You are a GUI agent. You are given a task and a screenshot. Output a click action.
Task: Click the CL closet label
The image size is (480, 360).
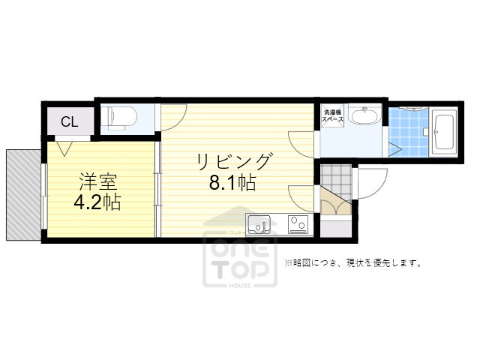[x=68, y=121]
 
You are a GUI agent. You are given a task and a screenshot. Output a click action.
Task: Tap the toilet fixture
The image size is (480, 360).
[x=120, y=116]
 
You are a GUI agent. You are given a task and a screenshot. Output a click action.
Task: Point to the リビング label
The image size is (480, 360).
[x=233, y=161]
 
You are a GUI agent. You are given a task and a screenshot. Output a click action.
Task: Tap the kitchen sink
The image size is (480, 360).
[x=259, y=223]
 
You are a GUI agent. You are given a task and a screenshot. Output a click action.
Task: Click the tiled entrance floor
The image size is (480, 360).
[x=334, y=178]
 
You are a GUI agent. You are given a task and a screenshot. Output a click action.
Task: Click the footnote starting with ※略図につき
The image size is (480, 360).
[x=352, y=263]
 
